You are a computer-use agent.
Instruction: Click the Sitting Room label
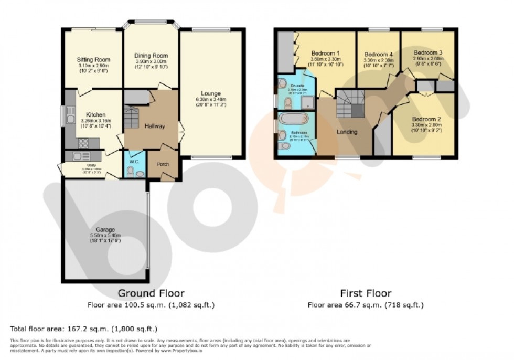point(94,60)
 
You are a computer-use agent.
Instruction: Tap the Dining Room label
point(151,56)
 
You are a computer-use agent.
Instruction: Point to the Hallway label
point(155,126)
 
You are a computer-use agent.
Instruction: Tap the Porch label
point(163,164)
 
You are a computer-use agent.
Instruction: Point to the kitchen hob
point(83,142)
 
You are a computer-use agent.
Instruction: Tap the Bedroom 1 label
point(325,53)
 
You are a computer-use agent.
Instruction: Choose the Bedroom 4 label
point(378,54)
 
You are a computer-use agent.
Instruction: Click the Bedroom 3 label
point(428,52)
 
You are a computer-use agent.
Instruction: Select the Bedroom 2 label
point(427,119)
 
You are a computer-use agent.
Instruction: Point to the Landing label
point(347,132)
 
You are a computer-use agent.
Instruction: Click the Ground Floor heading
point(151,293)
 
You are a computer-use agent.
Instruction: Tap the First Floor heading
point(365,293)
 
